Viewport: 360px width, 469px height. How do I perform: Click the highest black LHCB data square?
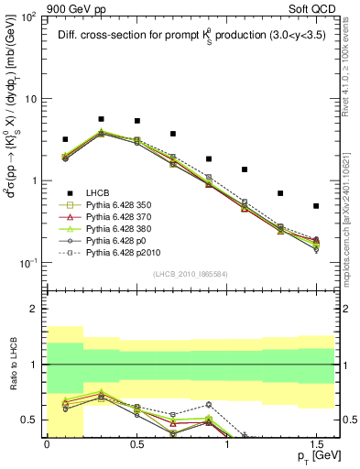pos(101,119)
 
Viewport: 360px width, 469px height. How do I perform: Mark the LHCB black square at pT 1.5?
pos(316,206)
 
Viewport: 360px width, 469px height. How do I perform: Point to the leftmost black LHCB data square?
pos(65,139)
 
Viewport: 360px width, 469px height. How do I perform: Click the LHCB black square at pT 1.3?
pos(280,193)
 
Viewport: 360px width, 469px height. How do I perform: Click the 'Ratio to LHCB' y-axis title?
pos(13,365)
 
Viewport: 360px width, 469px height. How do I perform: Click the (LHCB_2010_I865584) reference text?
pos(191,273)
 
